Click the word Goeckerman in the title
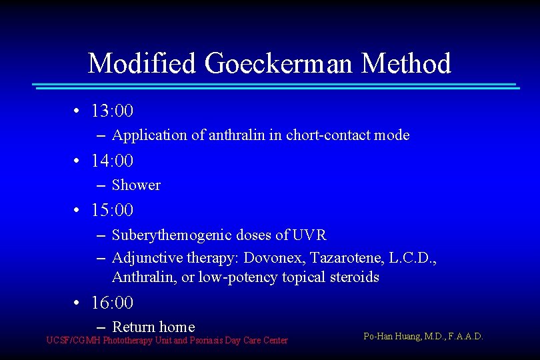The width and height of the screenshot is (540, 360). (x=280, y=64)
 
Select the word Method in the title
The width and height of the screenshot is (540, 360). (x=406, y=64)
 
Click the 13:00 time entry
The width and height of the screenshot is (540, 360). (x=112, y=110)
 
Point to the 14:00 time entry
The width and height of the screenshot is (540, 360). (x=112, y=161)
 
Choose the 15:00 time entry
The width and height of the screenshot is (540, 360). (x=112, y=210)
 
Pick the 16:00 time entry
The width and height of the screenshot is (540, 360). (x=112, y=303)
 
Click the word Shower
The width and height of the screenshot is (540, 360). (x=136, y=185)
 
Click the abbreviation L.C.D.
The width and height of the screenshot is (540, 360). (x=413, y=257)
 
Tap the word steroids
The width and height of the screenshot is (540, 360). (x=354, y=277)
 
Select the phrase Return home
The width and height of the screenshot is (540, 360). (x=153, y=327)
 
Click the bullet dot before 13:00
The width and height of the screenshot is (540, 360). (x=78, y=111)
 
